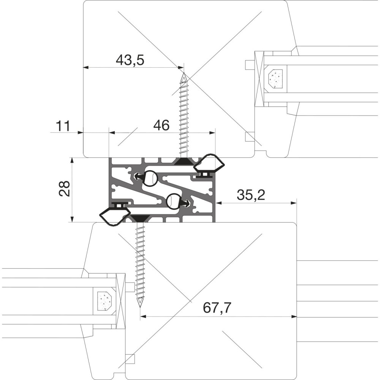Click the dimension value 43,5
click(x=130, y=60)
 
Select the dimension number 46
click(x=161, y=125)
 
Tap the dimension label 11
click(x=63, y=126)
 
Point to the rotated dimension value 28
click(x=65, y=188)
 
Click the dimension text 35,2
click(x=251, y=195)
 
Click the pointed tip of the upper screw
click(x=184, y=73)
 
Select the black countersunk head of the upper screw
click(x=184, y=161)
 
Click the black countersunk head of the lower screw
click(x=140, y=218)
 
